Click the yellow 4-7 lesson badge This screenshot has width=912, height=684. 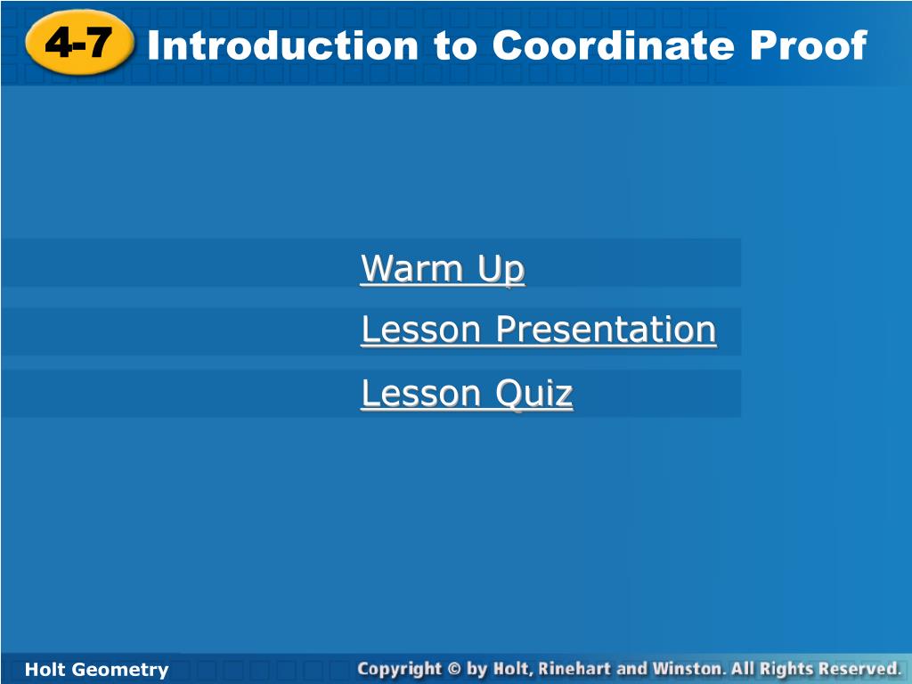point(79,43)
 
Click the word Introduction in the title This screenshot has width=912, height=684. point(282,45)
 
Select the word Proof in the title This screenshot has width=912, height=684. point(809,45)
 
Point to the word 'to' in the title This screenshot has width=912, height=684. point(455,46)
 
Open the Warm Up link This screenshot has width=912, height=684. point(443,268)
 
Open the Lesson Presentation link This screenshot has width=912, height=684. point(539,330)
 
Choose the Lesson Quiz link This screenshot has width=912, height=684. point(467,393)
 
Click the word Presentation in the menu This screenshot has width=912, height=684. point(606,330)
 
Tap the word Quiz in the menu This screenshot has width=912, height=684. point(534,393)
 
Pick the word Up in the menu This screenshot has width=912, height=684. point(501,270)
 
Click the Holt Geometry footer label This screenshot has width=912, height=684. point(96,670)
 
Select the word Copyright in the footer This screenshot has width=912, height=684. point(400,670)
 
